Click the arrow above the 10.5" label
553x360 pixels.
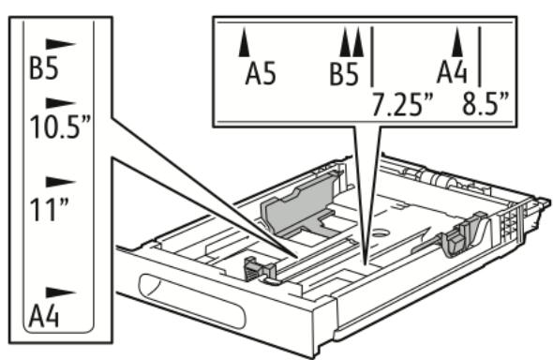click(x=61, y=100)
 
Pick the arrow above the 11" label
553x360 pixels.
click(x=61, y=179)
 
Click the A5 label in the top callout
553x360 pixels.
click(x=261, y=74)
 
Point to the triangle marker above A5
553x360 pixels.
click(x=245, y=40)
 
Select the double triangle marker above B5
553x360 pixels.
click(x=351, y=40)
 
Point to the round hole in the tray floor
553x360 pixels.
click(x=381, y=229)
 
